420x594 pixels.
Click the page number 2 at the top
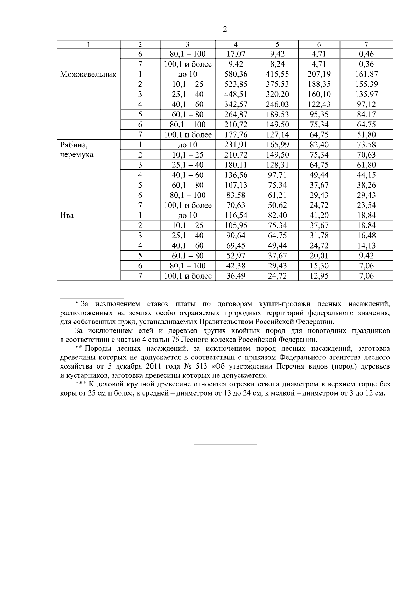(225, 29)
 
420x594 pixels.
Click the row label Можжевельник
(88, 74)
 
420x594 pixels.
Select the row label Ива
(67, 215)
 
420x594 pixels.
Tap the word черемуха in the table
(77, 155)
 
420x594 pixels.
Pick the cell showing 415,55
(277, 74)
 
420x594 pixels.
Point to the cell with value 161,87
(366, 74)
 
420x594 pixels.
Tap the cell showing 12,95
(319, 276)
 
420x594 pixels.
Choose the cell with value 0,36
(366, 64)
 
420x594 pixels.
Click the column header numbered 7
(366, 44)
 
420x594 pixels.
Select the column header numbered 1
(89, 44)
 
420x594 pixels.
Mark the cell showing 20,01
(319, 256)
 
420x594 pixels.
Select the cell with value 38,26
(366, 185)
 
